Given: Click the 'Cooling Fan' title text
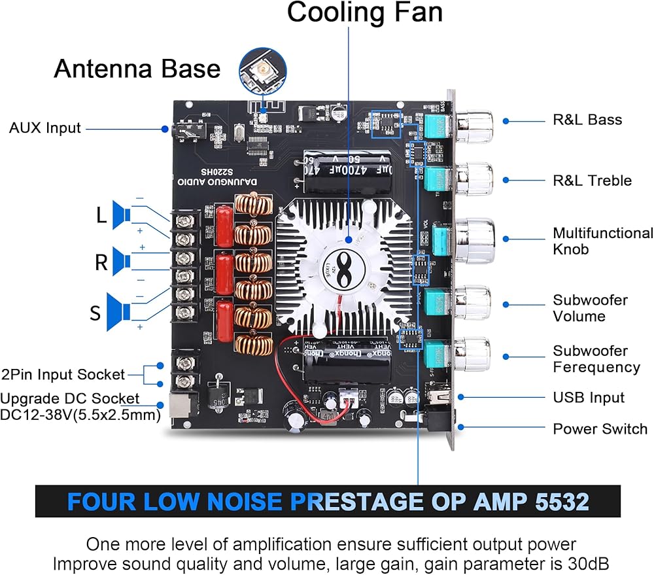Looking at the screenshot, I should (364, 13).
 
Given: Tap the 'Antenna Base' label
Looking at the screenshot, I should (137, 68).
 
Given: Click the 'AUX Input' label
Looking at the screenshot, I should (45, 128).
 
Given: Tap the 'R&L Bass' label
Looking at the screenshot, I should (587, 120).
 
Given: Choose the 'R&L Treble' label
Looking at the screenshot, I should (592, 181).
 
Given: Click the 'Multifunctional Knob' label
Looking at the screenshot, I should (602, 241).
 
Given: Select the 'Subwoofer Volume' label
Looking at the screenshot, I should (590, 308).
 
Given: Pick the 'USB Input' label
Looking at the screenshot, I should (589, 398).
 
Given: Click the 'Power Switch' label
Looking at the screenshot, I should (600, 429).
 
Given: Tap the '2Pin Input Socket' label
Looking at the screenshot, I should (63, 375).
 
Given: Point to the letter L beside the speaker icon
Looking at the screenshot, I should (101, 215).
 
